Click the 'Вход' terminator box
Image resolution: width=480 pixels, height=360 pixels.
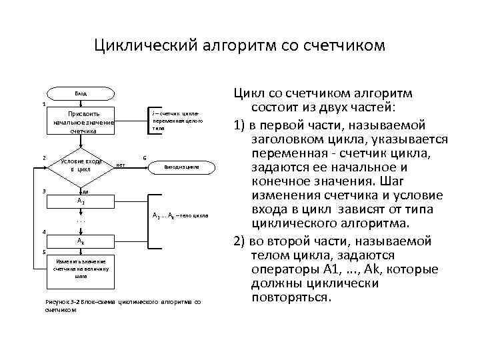(x=80, y=94)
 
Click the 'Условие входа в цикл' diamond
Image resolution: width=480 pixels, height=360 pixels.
(x=81, y=165)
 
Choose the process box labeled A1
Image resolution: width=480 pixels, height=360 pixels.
(x=80, y=200)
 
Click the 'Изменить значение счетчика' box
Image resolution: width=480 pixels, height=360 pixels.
(x=81, y=267)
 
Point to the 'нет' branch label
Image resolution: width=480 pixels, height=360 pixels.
(x=121, y=165)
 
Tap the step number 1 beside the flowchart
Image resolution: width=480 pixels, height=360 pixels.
(x=43, y=104)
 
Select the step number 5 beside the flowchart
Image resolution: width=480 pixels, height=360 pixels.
(x=43, y=252)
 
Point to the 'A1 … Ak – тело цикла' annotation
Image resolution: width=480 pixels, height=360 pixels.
(x=181, y=216)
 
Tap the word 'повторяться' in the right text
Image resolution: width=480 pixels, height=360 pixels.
(x=291, y=297)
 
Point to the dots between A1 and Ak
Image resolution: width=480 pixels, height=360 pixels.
(x=80, y=220)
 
